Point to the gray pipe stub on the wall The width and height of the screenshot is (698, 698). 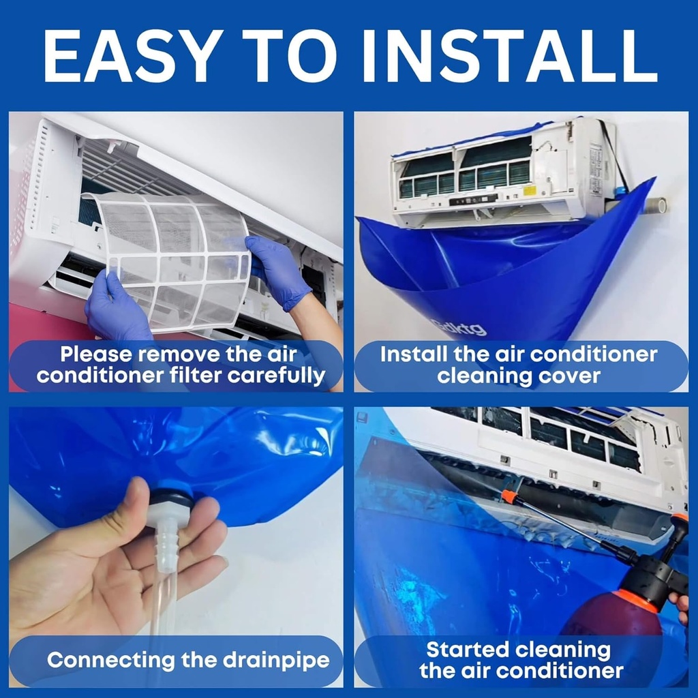pos(654,205)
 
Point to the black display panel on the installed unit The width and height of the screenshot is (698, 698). pos(473,198)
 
